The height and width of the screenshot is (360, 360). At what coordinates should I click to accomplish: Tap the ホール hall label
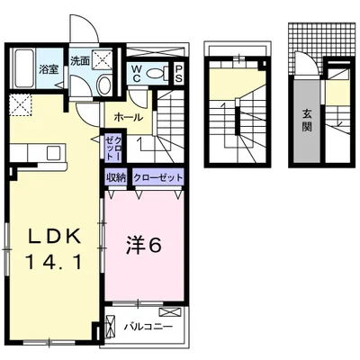tap(127, 117)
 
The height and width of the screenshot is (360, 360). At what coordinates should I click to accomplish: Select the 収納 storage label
tap(116, 177)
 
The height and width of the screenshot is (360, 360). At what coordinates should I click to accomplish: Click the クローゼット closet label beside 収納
tap(158, 177)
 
